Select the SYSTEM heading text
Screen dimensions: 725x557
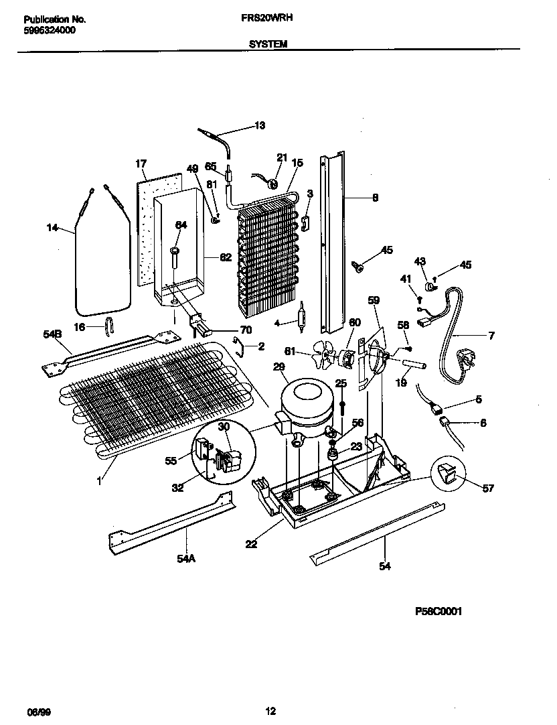[x=268, y=44]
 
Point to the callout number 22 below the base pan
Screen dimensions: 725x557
[x=251, y=544]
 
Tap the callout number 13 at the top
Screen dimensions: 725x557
[x=259, y=125]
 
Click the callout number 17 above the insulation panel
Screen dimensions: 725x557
[x=141, y=163]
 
